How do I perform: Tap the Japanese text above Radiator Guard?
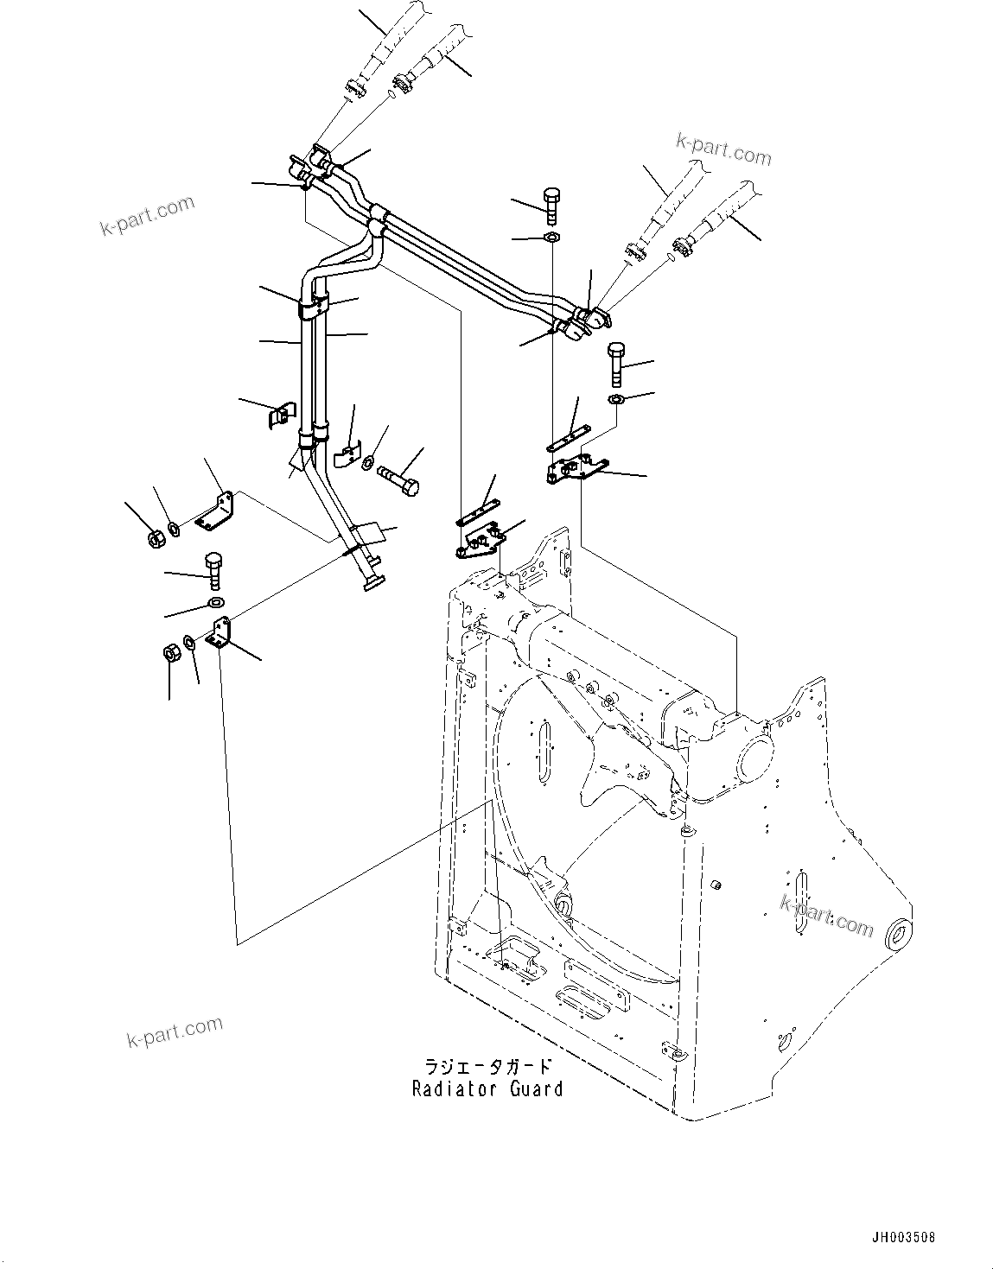coord(487,1068)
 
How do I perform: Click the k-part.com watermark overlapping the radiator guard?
coord(826,916)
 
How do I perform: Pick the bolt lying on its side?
coord(399,478)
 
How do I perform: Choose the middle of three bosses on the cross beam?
coord(589,688)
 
